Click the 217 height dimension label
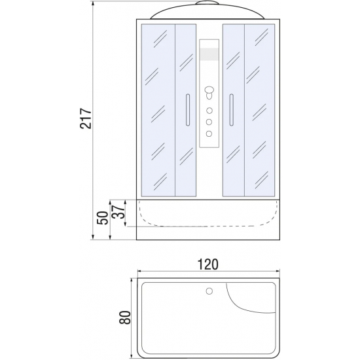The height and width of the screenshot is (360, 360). [x=86, y=118]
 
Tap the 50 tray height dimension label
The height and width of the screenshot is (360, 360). [x=102, y=218]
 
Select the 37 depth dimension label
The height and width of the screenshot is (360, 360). [x=118, y=211]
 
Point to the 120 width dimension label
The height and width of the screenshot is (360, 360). [x=207, y=264]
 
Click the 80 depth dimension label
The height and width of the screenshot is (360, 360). [x=125, y=317]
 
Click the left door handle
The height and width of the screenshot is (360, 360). [x=188, y=110]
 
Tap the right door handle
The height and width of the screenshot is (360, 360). [x=231, y=110]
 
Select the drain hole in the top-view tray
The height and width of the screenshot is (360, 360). [x=209, y=291]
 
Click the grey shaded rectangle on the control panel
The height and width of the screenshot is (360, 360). [x=209, y=54]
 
